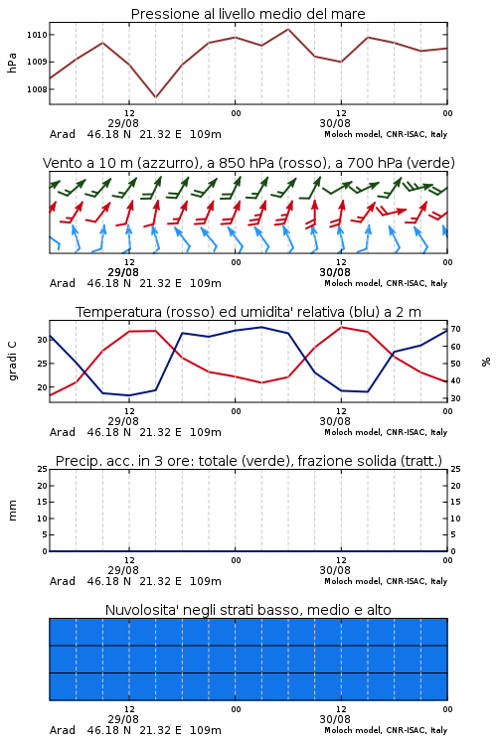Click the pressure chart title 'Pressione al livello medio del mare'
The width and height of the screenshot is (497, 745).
coord(248,14)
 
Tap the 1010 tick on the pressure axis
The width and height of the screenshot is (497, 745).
coord(37,35)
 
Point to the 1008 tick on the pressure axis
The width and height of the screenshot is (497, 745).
coord(37,89)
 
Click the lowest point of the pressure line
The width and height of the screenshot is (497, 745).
coord(155,97)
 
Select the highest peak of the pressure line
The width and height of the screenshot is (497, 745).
coord(287,29)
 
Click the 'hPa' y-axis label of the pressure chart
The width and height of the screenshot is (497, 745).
coord(12,63)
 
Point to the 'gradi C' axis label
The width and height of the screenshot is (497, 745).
coord(13,361)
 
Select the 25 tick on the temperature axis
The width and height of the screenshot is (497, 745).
coord(43,364)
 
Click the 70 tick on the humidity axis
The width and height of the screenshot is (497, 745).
coord(455,329)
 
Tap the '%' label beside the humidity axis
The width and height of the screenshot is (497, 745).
coord(486,362)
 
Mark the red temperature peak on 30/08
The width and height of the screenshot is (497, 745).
coord(341,327)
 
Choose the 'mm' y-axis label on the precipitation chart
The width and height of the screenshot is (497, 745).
coord(13,511)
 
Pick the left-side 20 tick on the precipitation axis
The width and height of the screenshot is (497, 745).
coord(43,486)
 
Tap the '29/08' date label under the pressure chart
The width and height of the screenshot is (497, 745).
coord(123,123)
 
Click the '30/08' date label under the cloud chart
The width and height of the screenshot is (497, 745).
coord(335,719)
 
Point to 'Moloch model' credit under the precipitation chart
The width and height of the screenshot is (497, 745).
coord(353,581)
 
